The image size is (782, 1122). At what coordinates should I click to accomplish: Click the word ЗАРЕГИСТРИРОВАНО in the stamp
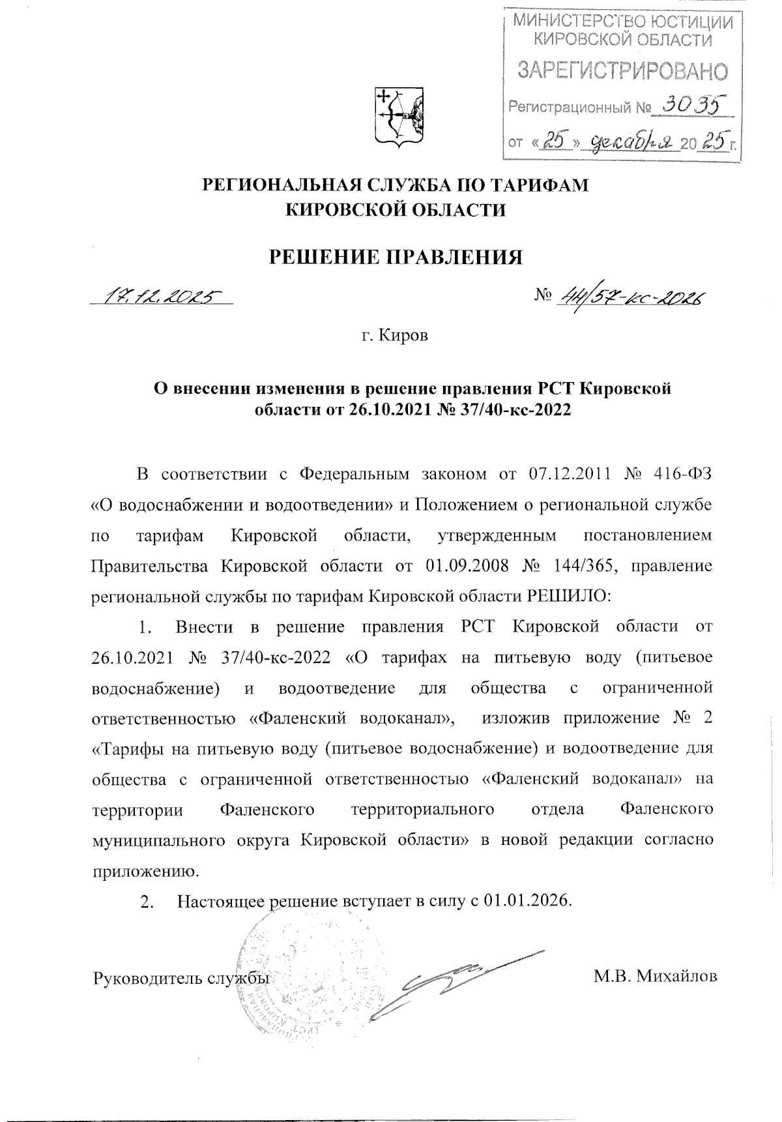pos(622,70)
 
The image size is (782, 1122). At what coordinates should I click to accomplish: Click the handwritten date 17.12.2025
pos(160,297)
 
